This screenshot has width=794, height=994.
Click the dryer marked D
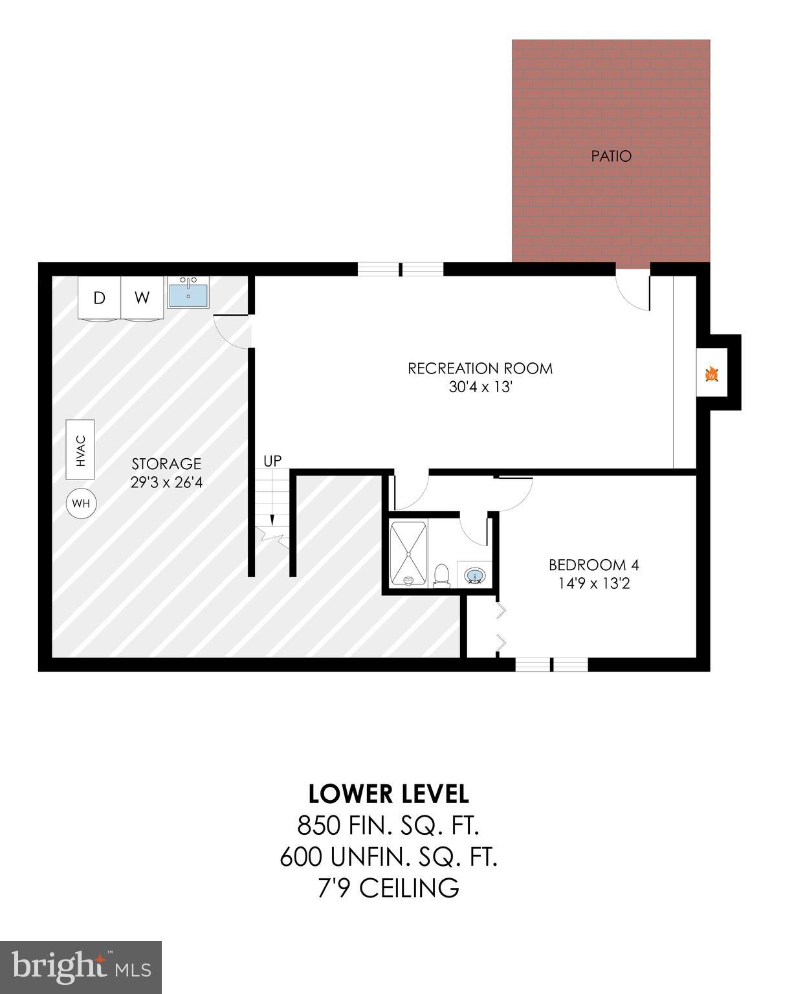tap(99, 298)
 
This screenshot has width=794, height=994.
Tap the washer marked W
tap(142, 298)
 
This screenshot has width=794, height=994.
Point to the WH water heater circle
tap(81, 503)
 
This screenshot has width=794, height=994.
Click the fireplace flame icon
tap(712, 375)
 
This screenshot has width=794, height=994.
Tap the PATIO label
tap(611, 156)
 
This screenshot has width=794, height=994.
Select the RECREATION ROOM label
tap(480, 368)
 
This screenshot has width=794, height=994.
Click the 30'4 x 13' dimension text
tap(480, 387)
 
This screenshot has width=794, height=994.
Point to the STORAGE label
tap(166, 463)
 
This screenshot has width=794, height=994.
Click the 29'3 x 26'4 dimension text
tap(166, 482)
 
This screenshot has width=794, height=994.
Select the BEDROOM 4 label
tap(593, 565)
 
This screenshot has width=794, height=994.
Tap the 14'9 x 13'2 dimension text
tap(593, 584)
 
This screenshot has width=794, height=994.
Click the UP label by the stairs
tap(272, 461)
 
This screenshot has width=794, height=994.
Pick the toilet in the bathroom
tap(442, 575)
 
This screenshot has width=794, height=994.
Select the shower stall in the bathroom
tap(408, 554)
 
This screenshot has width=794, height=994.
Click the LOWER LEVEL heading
tap(388, 793)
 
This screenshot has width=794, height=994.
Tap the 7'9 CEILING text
tap(388, 888)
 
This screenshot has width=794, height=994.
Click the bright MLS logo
tap(81, 967)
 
